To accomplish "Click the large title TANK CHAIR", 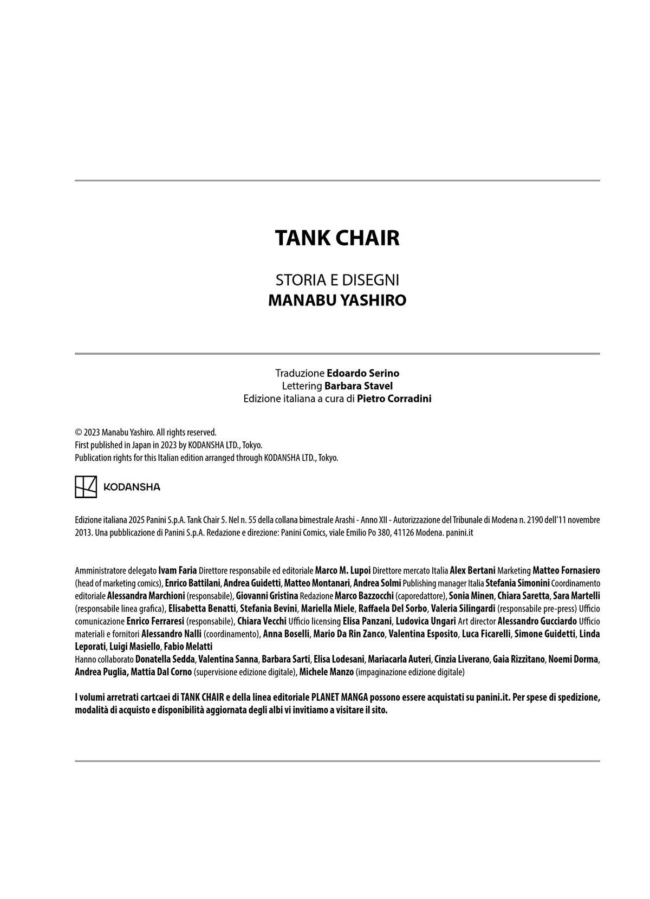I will tap(337, 238).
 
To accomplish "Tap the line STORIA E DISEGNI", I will tap(337, 280).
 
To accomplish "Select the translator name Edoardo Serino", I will tap(363, 373).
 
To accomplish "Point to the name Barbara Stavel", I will tap(359, 386).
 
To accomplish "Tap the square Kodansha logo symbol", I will tap(86, 487).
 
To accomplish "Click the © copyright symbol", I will tap(79, 432).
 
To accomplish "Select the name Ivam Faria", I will tap(178, 570).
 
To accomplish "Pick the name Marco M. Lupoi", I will tap(343, 570).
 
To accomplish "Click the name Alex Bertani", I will tap(472, 570).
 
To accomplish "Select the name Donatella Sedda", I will tap(165, 660).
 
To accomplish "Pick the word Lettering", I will tap(302, 386).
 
